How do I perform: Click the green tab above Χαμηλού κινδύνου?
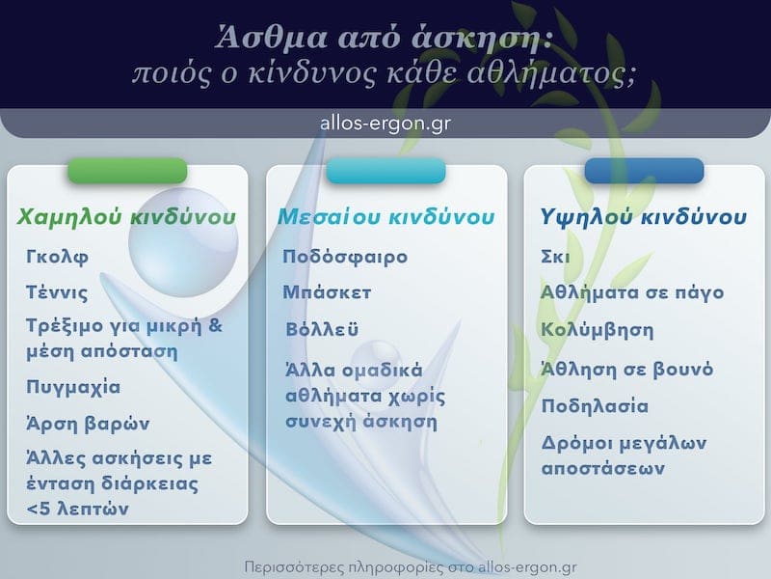[127, 171]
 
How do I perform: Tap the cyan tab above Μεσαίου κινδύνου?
[385, 171]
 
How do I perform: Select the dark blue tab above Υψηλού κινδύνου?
[644, 171]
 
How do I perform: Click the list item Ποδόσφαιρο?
[345, 258]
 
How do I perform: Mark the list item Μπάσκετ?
[327, 292]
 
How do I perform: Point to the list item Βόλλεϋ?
[322, 330]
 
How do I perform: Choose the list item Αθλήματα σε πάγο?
[632, 292]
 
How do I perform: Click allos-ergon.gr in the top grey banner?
[385, 124]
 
